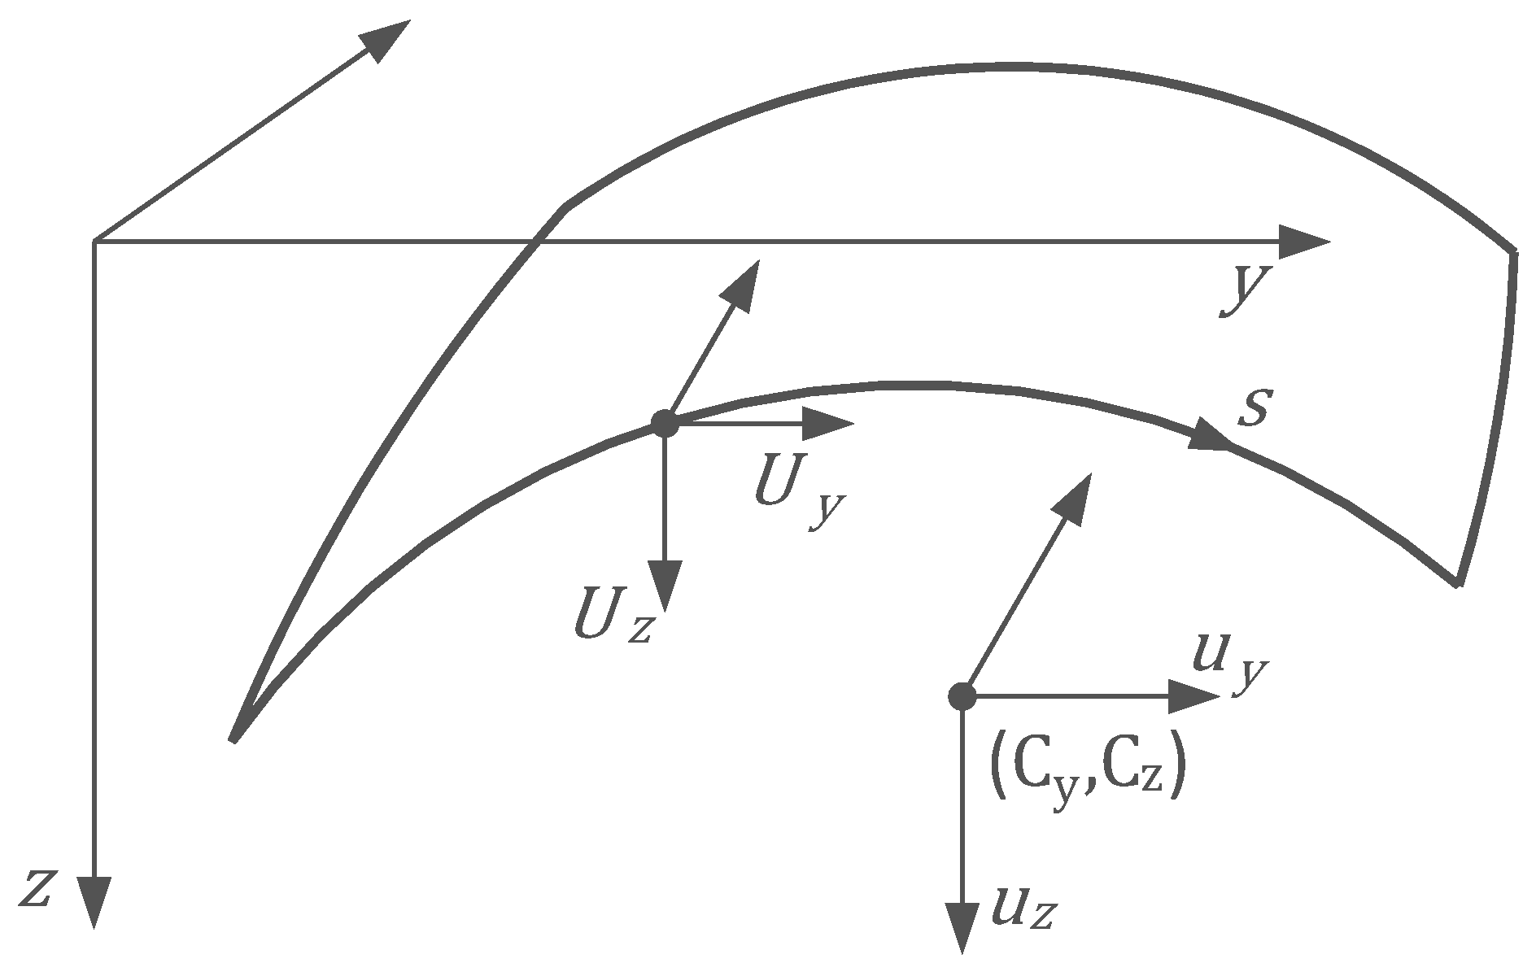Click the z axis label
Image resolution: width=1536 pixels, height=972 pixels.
pos(36,887)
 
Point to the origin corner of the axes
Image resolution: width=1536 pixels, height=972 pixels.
pos(95,242)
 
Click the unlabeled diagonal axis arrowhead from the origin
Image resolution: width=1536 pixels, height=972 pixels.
pos(386,38)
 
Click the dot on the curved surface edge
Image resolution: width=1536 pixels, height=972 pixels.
pos(665,423)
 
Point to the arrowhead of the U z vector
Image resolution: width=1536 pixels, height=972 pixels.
pos(665,586)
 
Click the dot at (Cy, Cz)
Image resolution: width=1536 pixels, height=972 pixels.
pos(962,696)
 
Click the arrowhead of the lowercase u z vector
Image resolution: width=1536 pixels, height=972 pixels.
pos(963,927)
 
